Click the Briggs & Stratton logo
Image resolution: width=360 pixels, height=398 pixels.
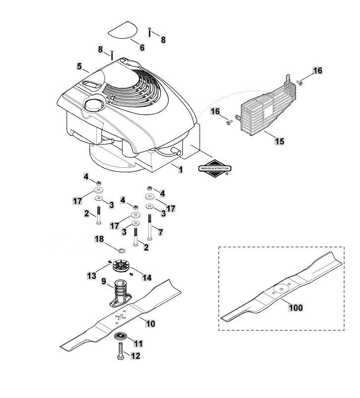tap(215, 168)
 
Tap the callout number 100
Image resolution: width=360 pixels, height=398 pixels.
tap(296, 307)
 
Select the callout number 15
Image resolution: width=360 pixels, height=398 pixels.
tap(280, 141)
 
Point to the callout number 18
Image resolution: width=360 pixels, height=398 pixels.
tap(99, 239)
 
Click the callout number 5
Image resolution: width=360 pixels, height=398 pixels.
tap(80, 66)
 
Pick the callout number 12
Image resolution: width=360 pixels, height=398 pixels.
tap(135, 356)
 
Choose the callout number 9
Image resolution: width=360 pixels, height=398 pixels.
tap(104, 281)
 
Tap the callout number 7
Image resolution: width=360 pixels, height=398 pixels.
tap(161, 232)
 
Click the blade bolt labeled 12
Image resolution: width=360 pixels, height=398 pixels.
tap(120, 350)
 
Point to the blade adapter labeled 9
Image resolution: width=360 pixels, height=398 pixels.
tap(120, 293)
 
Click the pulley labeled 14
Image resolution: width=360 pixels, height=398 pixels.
tap(121, 266)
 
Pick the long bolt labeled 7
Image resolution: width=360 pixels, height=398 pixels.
tap(149, 227)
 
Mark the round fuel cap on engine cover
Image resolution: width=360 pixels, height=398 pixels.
tap(93, 103)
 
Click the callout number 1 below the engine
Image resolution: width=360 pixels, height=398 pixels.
tap(180, 170)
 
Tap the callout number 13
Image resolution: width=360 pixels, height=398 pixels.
tap(92, 275)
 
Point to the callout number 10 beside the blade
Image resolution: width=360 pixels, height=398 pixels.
tap(150, 324)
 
